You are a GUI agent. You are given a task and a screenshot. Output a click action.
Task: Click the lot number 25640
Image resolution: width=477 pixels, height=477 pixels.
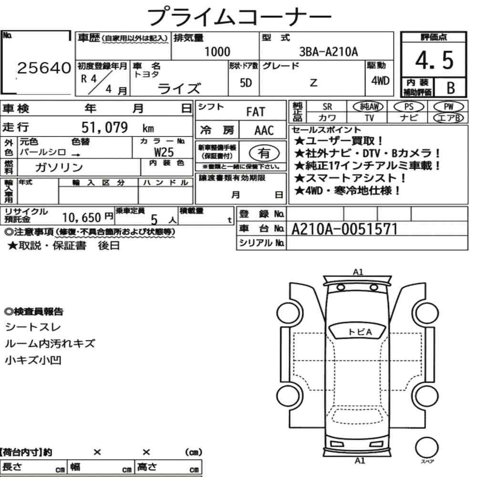pos(44,68)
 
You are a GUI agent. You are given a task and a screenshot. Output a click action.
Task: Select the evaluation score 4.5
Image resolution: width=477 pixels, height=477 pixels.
pos(434,60)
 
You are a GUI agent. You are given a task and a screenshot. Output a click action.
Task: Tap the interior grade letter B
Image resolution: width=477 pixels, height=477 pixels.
pos(451,88)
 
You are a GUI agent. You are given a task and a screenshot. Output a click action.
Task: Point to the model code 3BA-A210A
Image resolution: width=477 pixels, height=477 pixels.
pos(328,52)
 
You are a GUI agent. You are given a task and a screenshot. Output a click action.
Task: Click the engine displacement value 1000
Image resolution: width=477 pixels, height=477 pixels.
pos(217,52)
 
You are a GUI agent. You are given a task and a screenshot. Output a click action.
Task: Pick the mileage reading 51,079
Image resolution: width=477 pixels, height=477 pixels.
pos(104,127)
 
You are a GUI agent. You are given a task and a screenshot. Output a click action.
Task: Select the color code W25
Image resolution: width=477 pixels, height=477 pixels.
pos(164,152)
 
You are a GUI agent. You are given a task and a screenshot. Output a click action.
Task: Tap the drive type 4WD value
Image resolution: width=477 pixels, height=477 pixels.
pos(380,81)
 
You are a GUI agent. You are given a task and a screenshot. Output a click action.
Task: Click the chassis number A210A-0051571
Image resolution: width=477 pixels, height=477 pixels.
pos(344,229)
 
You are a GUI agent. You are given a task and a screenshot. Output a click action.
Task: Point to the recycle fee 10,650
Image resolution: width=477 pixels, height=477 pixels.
pos(82,218)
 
